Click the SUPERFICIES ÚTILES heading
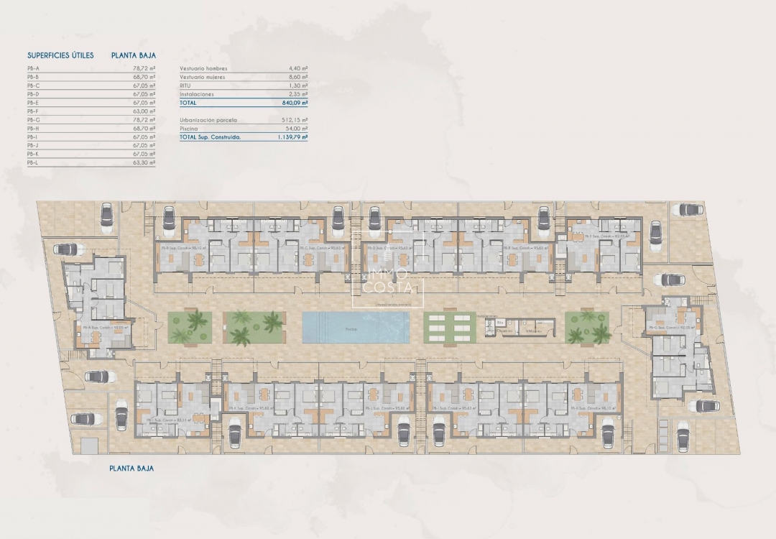tap(60, 55)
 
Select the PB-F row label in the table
tap(33, 111)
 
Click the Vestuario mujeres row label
tap(203, 76)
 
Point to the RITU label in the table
tap(185, 85)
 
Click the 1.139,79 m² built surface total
tap(290, 136)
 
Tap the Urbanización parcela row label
tap(208, 120)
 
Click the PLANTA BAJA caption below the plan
tap(131, 468)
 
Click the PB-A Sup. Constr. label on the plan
tap(106, 327)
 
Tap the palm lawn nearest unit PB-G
tap(588, 327)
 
